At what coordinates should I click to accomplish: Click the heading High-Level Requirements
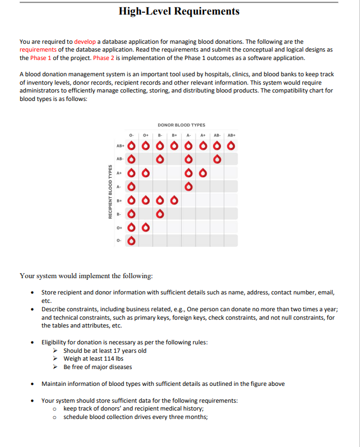pos(179,11)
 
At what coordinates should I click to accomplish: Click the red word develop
pos(85,42)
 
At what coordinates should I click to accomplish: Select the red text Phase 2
pos(104,58)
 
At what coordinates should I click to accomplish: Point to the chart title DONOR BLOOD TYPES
pos(181,125)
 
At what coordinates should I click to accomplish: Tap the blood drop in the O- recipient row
pos(132,241)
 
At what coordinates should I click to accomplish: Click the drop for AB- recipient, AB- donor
pos(216,160)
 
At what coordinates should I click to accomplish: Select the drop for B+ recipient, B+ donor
pos(174,200)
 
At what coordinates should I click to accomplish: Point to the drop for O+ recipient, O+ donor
pos(146,227)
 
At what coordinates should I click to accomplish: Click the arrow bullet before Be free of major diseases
pos(56,367)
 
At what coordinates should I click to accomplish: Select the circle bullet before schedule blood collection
pos(56,417)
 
